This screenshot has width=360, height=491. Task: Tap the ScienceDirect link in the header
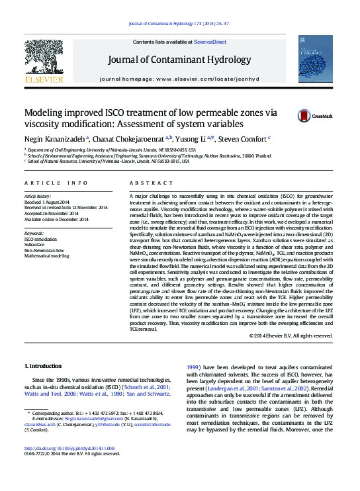pos(210,42)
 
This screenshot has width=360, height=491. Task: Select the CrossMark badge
pos(316,114)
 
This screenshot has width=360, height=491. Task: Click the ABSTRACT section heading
pos(146,183)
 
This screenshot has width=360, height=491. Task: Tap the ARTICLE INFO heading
pos(56,183)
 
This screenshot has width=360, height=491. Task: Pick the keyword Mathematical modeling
pos(50,257)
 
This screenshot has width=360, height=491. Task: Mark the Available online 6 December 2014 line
pos(58,218)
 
